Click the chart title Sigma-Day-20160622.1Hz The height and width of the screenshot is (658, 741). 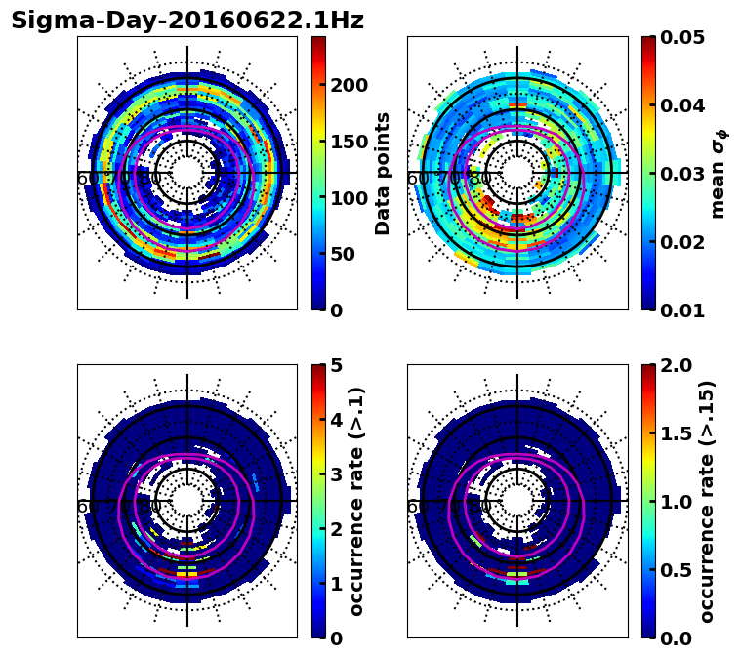(187, 21)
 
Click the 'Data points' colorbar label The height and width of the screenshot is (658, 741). (383, 173)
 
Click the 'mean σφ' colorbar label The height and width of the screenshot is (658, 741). (718, 174)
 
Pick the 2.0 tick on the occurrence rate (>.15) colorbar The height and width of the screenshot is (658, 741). (671, 365)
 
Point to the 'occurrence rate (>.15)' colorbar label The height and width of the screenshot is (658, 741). (707, 501)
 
